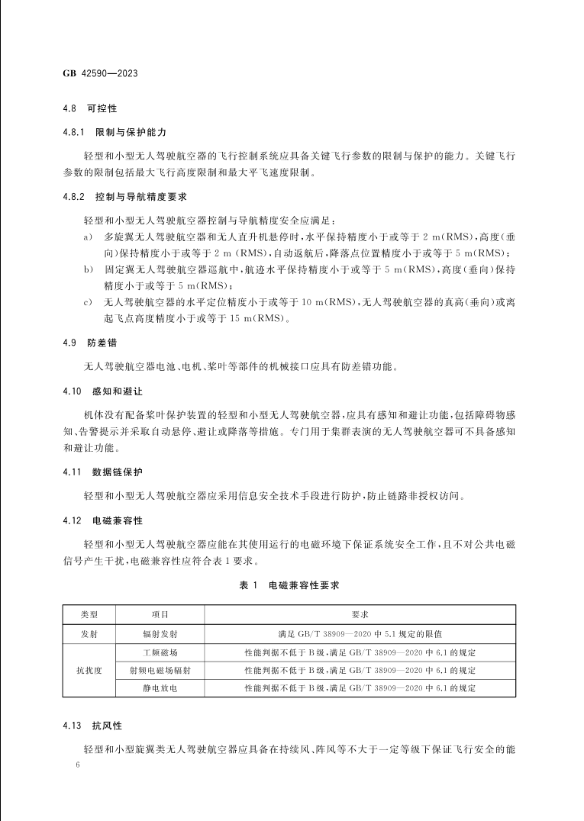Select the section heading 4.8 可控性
coord(89,109)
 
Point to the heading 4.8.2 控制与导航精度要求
coord(124,197)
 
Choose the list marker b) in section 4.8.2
coord(89,270)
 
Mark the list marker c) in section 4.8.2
coord(89,303)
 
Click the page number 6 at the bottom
coord(68,764)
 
